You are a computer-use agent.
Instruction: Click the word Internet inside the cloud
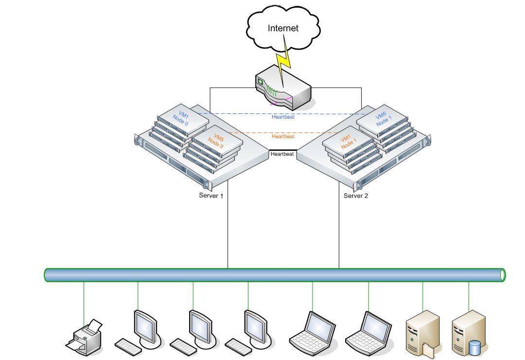pos(283,28)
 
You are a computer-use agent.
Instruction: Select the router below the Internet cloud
pos(283,90)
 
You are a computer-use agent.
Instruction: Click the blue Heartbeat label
pos(283,117)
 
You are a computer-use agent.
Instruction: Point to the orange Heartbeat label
pos(283,137)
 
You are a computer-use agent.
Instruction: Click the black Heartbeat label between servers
pos(282,154)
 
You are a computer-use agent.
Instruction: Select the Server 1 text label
pos(211,196)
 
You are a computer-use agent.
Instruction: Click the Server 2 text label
pos(356,196)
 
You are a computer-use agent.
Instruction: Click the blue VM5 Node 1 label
pos(383,119)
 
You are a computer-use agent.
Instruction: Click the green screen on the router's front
pos(260,82)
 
